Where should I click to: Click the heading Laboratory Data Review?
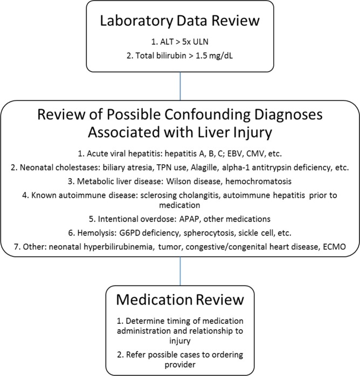point(179,24)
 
